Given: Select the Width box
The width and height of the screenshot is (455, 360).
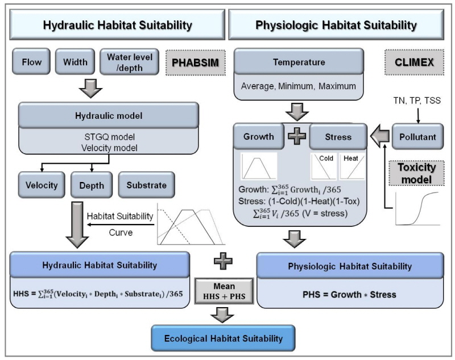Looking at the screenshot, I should coord(76,61).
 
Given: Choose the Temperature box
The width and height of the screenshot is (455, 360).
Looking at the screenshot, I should coord(292,61).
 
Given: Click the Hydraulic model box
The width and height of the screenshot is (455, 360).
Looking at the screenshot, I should coord(108,115).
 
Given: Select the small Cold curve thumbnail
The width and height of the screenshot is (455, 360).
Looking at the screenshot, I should coord(323,166).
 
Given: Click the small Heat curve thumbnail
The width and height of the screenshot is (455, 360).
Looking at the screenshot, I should coord(352,166).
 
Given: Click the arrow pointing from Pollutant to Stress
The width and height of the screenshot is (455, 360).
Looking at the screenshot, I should coord(379,136).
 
